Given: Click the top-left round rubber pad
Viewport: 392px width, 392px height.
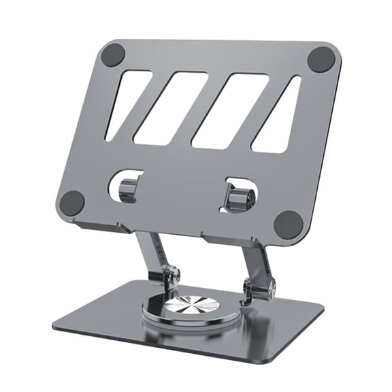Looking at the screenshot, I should point(113,54).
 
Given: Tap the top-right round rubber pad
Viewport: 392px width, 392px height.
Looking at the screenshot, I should point(321,59).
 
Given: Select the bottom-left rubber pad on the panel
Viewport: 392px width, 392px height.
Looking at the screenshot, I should point(72,202).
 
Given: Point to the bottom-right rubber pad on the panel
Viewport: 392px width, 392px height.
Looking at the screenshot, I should point(288,224).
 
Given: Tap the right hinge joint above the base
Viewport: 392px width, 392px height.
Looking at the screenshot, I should point(259,289).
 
